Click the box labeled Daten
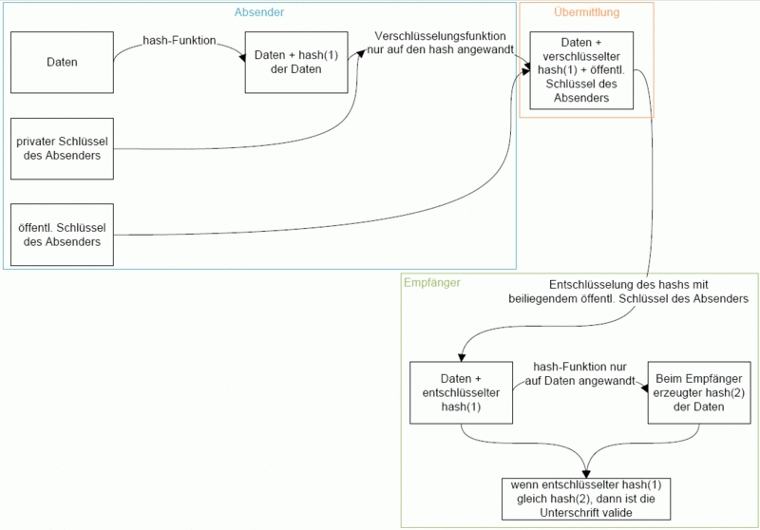62,62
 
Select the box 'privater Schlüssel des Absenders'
62,148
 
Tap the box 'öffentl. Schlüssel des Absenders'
62,235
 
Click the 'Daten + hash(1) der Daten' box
296,62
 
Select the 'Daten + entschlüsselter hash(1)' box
461,392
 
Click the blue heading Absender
259,12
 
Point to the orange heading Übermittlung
586,12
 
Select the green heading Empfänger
432,282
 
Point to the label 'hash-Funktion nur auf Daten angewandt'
579,373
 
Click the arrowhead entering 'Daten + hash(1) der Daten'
241,57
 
